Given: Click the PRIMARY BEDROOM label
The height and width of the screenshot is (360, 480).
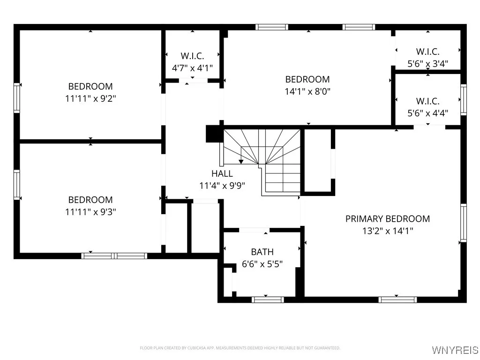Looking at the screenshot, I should point(387,218).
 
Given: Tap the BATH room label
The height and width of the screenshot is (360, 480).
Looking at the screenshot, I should point(262,252).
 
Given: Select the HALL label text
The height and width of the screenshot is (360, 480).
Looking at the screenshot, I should point(222,173).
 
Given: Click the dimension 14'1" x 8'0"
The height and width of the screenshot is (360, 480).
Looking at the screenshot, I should point(307,91).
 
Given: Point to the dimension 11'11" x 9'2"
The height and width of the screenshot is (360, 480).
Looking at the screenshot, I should point(90,98).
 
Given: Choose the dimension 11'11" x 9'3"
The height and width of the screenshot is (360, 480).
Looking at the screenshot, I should point(90,212).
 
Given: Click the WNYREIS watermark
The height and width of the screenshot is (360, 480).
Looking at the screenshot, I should point(455,350).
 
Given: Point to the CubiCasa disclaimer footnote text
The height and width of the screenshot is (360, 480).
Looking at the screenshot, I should point(240,348).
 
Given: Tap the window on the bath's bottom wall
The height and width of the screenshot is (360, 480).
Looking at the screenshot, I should point(268,300).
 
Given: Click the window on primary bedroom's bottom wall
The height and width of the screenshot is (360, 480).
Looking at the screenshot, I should point(397,300).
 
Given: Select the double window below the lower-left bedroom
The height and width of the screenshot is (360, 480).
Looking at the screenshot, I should point(114,255).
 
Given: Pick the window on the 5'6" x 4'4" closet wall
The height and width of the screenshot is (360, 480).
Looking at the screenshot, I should point(463,99).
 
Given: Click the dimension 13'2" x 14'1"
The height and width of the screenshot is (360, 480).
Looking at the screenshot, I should point(387,231).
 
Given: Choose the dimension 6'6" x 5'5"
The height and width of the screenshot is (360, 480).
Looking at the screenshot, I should point(262,264).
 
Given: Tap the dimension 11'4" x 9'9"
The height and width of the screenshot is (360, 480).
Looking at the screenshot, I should point(222,186).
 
